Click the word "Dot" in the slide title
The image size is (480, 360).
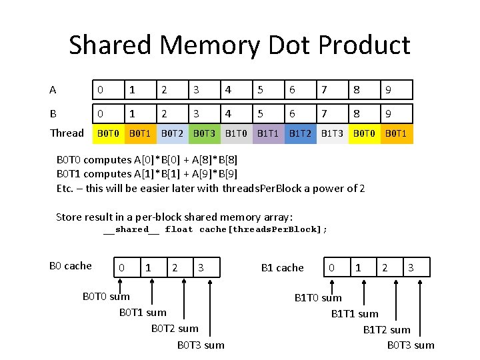[x=290, y=45]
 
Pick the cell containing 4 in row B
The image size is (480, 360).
[x=237, y=113]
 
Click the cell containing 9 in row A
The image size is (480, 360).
[x=397, y=89]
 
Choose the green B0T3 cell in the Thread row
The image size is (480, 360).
[x=204, y=133]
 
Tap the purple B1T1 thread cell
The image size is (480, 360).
[x=268, y=133]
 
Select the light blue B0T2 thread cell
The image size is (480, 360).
[x=173, y=133]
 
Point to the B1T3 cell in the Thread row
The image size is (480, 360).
[x=332, y=133]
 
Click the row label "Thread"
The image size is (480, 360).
[x=67, y=133]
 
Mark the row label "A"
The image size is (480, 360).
[x=53, y=89]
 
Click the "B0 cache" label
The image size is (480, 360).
[x=71, y=266]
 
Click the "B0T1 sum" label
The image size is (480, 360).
[x=143, y=312]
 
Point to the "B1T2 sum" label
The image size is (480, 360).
[x=387, y=329]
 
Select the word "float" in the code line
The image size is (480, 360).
[x=179, y=229]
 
